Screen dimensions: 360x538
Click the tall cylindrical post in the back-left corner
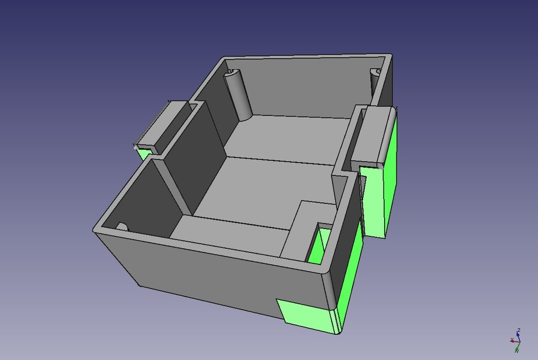coord(239,95)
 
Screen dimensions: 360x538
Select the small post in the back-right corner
coord(375,84)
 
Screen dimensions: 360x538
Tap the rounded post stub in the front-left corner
coord(122,227)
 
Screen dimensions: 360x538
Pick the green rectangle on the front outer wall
coord(303,315)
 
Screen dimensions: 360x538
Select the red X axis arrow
coord(512,341)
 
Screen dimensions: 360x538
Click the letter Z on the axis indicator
coord(519,330)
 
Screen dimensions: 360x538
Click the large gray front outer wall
coord(210,273)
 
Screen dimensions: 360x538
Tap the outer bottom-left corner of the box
coord(139,285)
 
